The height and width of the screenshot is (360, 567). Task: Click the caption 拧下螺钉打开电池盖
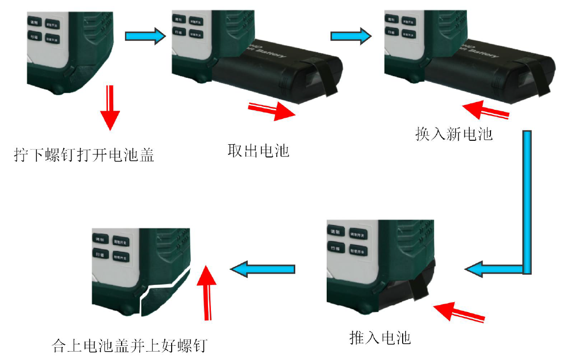(84, 155)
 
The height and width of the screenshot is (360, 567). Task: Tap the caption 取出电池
(258, 150)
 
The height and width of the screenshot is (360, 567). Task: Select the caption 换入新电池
(454, 134)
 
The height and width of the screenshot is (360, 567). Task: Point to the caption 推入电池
(380, 337)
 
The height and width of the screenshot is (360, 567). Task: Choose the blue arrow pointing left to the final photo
(263, 269)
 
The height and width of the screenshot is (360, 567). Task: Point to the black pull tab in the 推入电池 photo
(419, 284)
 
